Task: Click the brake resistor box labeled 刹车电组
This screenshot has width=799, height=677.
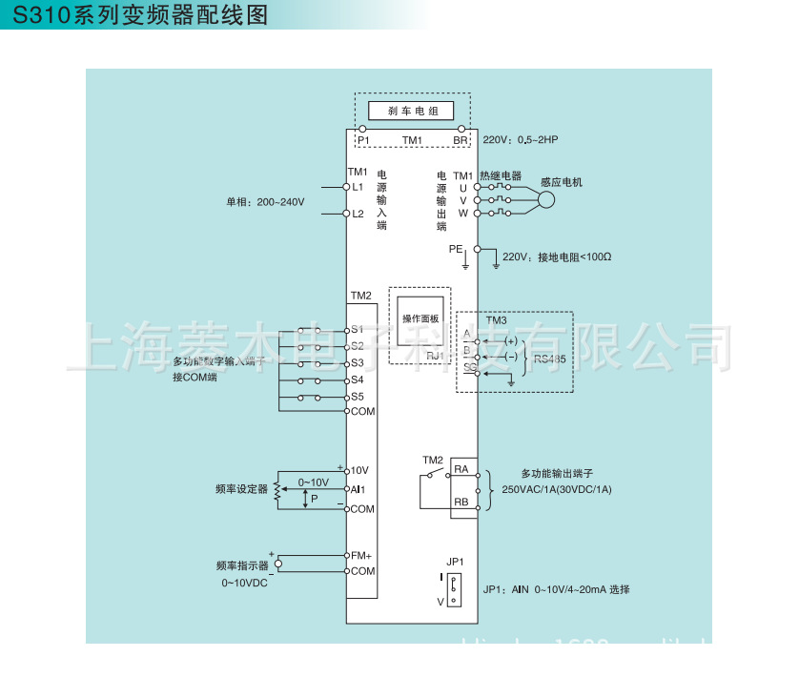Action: pyautogui.click(x=413, y=111)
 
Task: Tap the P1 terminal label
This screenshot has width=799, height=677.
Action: pyautogui.click(x=363, y=140)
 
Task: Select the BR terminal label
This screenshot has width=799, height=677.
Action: pyautogui.click(x=461, y=140)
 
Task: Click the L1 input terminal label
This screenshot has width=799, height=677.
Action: pyautogui.click(x=359, y=187)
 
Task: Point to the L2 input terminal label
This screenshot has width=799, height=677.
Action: pyautogui.click(x=359, y=214)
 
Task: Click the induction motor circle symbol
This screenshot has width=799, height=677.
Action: pyautogui.click(x=546, y=200)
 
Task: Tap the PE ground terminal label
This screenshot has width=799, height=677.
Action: pyautogui.click(x=456, y=248)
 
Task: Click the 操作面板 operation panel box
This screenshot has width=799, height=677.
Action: pyautogui.click(x=420, y=318)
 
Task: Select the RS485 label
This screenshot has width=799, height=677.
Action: pyautogui.click(x=549, y=359)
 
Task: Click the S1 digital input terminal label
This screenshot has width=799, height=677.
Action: pyautogui.click(x=358, y=329)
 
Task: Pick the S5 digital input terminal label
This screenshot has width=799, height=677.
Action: pyautogui.click(x=358, y=396)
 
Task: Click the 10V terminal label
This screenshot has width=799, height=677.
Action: pyautogui.click(x=359, y=470)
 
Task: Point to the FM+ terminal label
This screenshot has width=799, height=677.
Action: pyautogui.click(x=361, y=555)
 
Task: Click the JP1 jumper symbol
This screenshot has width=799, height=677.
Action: pyautogui.click(x=455, y=586)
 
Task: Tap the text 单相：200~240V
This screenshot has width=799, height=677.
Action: pyautogui.click(x=265, y=202)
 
